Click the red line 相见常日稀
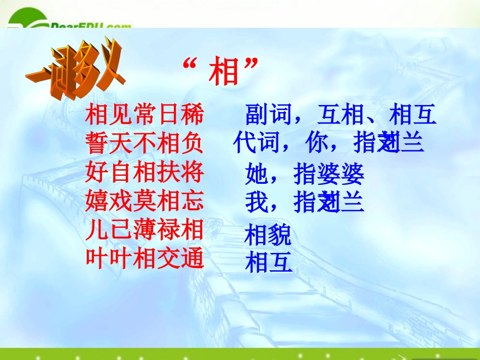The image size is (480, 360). [145, 115]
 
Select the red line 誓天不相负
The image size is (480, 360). [145, 143]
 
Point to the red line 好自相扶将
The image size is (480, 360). [145, 173]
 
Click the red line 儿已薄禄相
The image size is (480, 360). [145, 230]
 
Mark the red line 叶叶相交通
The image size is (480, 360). [145, 259]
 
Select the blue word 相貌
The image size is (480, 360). [268, 235]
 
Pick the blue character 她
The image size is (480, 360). [257, 175]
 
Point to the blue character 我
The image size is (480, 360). [257, 202]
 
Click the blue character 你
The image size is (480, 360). [317, 143]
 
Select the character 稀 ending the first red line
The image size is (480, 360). [192, 115]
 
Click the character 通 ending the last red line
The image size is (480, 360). [192, 259]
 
